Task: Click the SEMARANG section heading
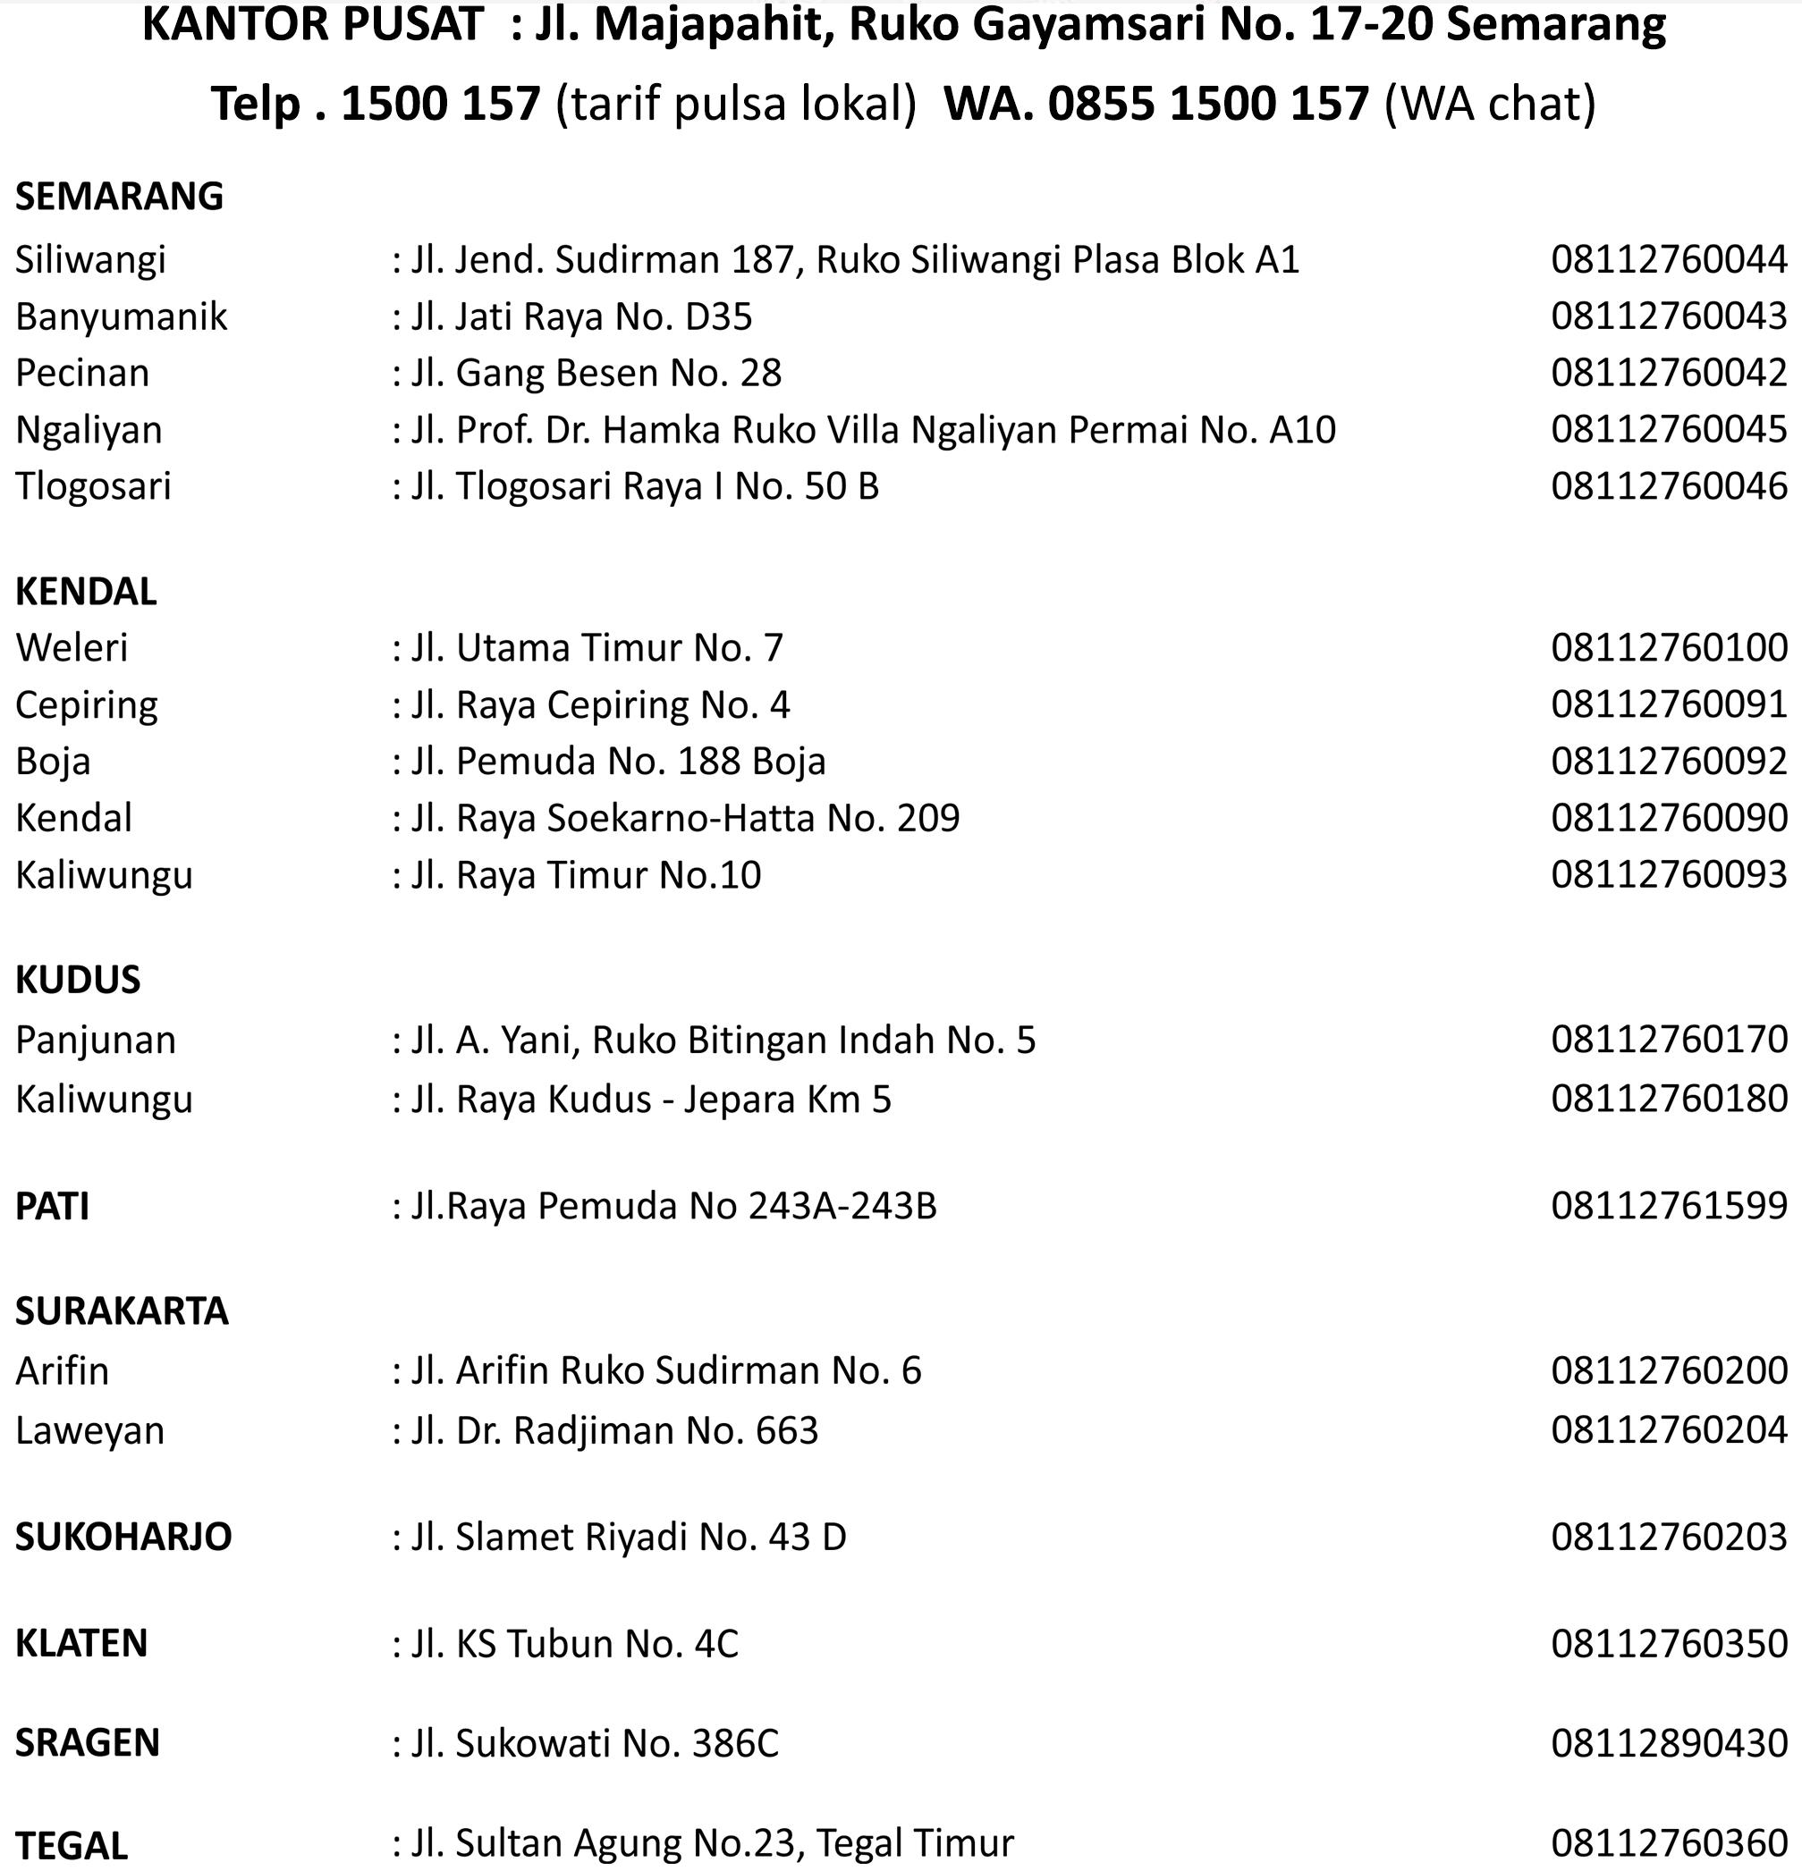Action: pos(119,197)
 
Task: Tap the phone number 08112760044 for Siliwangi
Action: pos(1669,259)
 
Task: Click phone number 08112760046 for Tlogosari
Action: pos(1669,487)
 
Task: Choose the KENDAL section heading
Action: pos(86,592)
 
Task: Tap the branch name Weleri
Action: pos(72,648)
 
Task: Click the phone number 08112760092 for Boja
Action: pos(1669,762)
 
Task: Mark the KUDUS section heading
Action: pos(79,981)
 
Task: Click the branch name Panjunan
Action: pos(96,1041)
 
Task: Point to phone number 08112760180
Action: pos(1669,1099)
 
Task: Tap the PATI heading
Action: pos(53,1207)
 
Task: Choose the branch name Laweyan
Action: pos(89,1431)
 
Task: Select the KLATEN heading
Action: pos(81,1644)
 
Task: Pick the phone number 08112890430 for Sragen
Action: pos(1669,1743)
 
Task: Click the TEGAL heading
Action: pos(72,1845)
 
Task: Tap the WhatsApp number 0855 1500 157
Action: pos(1208,103)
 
